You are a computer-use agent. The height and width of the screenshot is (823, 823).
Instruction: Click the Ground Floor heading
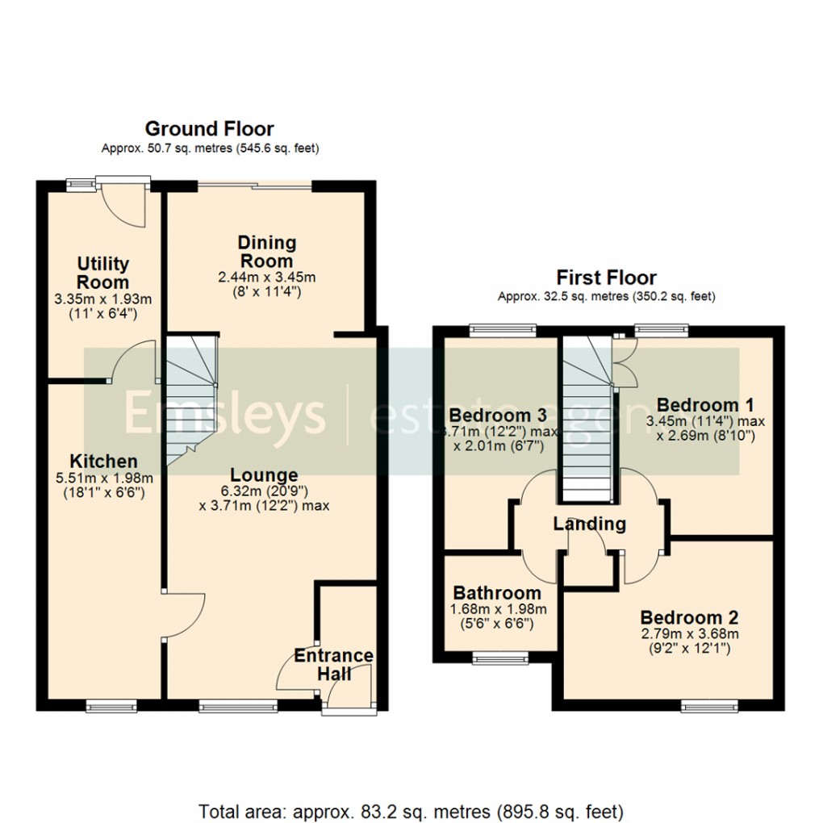pyautogui.click(x=209, y=128)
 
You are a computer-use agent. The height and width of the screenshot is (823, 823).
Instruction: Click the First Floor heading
pyautogui.click(x=605, y=278)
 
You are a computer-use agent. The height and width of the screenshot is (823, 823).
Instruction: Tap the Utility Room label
pyautogui.click(x=103, y=274)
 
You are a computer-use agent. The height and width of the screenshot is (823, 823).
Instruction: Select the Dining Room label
pyautogui.click(x=266, y=251)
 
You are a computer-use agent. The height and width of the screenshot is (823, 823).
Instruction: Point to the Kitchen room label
pyautogui.click(x=103, y=462)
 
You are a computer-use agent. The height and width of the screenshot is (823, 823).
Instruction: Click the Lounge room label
pyautogui.click(x=263, y=475)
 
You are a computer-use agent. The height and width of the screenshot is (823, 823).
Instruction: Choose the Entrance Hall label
pyautogui.click(x=333, y=664)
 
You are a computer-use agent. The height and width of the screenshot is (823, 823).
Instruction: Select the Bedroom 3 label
pyautogui.click(x=498, y=415)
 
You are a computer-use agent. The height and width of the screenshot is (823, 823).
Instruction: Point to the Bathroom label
pyautogui.click(x=497, y=593)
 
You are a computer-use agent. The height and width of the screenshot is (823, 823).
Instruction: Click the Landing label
pyautogui.click(x=589, y=524)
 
